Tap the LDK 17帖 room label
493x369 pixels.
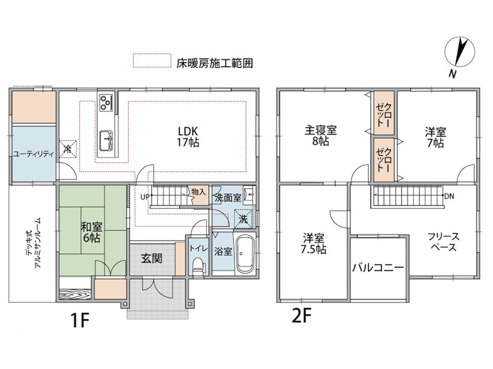tap(188, 137)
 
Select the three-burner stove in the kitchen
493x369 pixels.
tap(106, 102)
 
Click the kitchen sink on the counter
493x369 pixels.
tap(106, 141)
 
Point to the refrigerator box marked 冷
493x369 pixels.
tap(68, 149)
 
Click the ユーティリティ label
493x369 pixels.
tap(33, 154)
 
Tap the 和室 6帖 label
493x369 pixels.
tap(91, 232)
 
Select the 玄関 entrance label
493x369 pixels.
tap(151, 258)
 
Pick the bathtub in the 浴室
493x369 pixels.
tap(246, 254)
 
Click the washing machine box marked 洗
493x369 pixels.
tap(243, 218)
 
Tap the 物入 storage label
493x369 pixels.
tap(199, 192)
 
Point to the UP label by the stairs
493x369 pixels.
tap(145, 197)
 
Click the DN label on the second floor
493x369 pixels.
tap(449, 196)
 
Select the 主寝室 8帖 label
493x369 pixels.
tap(321, 136)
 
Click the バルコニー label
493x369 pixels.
tap(378, 268)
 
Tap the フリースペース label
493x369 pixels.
tap(443, 242)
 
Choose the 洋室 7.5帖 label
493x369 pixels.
tap(313, 244)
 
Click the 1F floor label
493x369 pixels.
tap(81, 320)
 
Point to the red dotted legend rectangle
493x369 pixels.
tap(152, 61)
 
